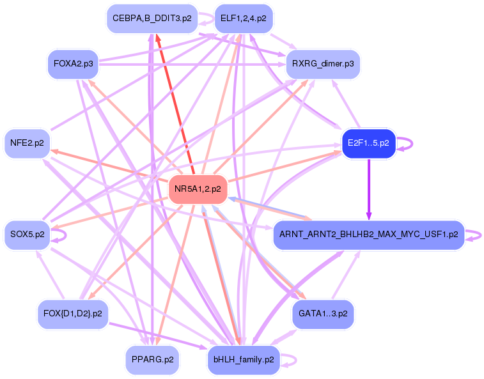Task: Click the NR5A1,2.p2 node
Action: pos(198,189)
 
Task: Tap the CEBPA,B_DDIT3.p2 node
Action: pos(152,19)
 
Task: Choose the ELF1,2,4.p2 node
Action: pos(243,19)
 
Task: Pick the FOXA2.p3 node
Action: pos(73,65)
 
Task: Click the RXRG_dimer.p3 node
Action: pos(323,65)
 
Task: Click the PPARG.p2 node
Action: pos(152,360)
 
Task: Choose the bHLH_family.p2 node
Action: pos(244,360)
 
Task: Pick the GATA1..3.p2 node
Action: pos(323,314)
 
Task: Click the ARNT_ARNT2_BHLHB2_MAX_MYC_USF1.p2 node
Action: pos(369,235)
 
